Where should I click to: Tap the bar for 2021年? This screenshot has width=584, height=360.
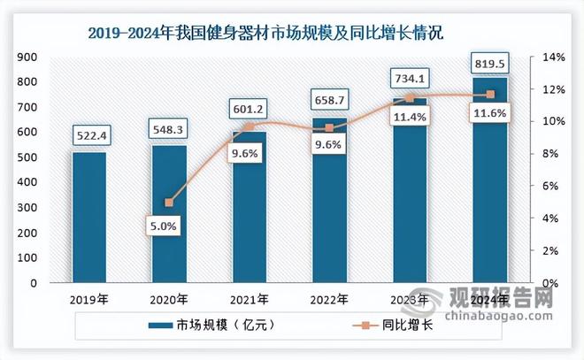pyautogui.click(x=250, y=208)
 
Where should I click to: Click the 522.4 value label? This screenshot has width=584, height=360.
pyautogui.click(x=89, y=136)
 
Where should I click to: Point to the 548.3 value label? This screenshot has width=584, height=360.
pyautogui.click(x=169, y=130)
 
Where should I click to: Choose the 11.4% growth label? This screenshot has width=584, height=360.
pyautogui.click(x=409, y=140)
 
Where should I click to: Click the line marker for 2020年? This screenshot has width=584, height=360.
pyautogui.click(x=169, y=203)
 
